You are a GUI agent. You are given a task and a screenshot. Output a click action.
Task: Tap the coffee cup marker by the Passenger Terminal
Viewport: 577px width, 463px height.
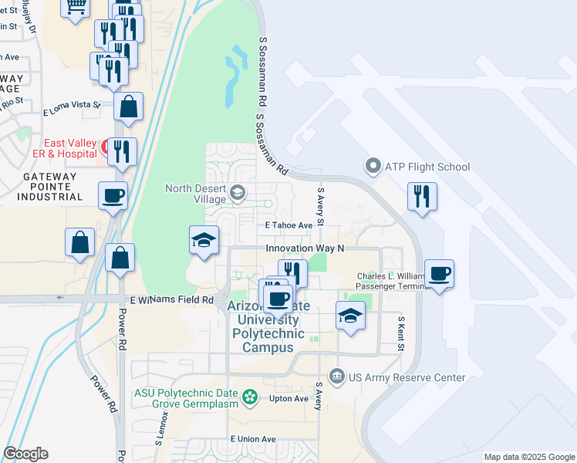[x=439, y=274]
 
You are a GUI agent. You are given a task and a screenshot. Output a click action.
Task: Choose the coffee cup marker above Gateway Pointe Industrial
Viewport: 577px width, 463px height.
[x=113, y=195]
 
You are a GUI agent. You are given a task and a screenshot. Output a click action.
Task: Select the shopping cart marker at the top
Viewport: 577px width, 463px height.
[x=76, y=8]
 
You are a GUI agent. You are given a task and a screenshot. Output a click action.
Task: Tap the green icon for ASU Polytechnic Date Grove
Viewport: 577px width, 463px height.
[x=250, y=397]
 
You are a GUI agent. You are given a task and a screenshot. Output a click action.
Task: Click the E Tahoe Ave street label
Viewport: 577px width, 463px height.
[x=288, y=225]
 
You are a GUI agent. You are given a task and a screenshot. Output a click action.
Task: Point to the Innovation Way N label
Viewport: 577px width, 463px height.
[x=304, y=248]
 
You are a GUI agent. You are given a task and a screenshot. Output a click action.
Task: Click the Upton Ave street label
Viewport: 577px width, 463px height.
[x=289, y=398]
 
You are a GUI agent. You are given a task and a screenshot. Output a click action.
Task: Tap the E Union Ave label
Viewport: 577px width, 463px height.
[x=252, y=439]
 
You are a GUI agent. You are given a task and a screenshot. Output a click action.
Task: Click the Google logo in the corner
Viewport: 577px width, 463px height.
[x=25, y=454]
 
